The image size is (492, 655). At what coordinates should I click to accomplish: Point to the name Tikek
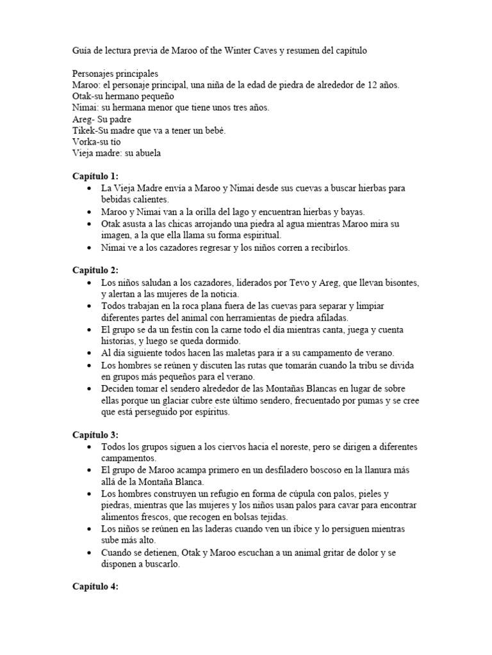tap(83, 130)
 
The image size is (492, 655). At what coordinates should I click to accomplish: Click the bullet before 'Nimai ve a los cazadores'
tap(89, 248)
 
